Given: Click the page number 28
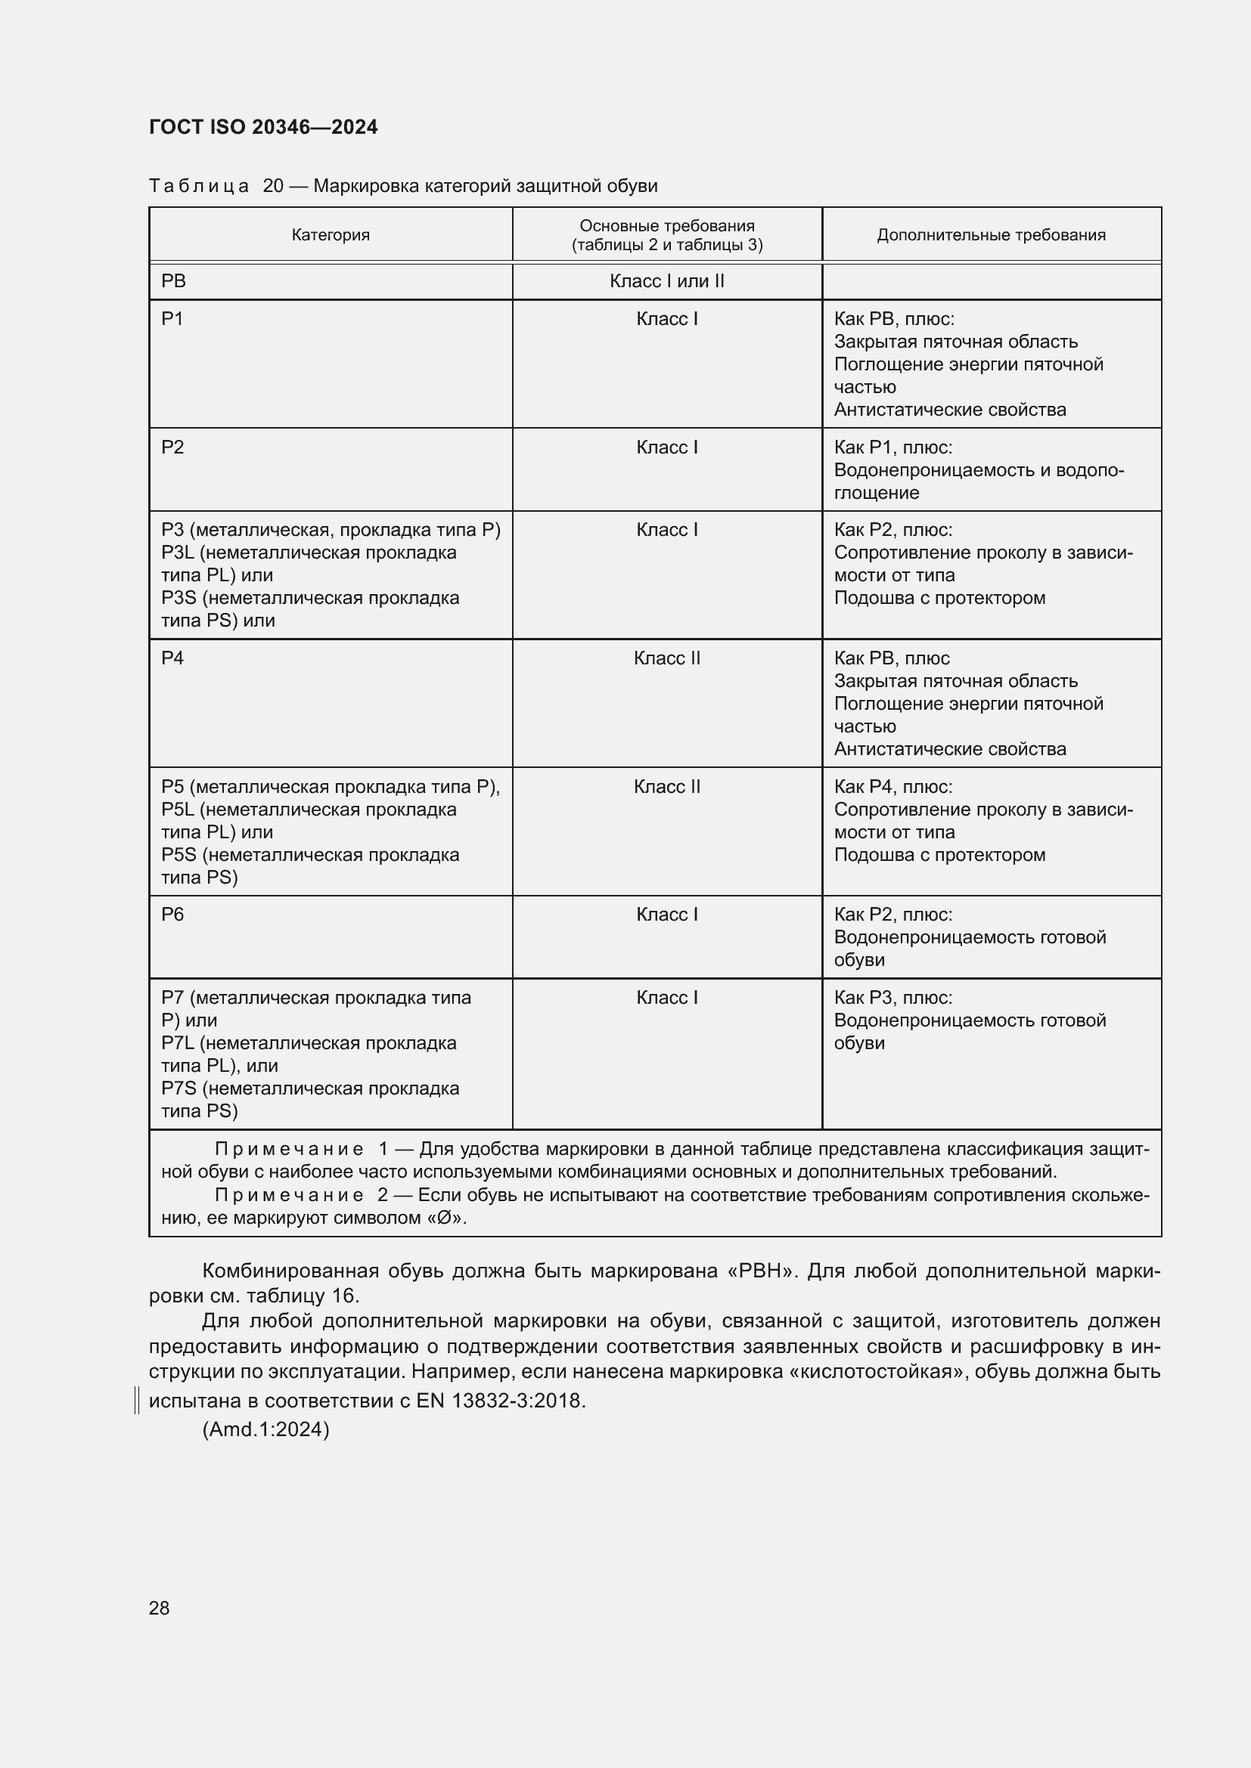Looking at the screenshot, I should (159, 1608).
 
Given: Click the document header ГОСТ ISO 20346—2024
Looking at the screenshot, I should (262, 127).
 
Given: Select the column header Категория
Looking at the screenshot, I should (331, 235).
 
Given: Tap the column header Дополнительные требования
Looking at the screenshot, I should (991, 235).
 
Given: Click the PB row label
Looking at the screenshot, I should (173, 281).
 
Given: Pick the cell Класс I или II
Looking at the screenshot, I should (666, 281).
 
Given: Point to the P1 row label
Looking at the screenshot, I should (172, 319).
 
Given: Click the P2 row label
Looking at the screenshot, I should (172, 447).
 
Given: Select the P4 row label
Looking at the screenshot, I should (172, 658).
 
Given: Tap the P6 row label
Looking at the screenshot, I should (172, 915).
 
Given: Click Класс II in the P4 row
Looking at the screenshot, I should (666, 658).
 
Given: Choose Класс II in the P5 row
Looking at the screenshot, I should (666, 787).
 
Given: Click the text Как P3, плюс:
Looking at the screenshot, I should (892, 998).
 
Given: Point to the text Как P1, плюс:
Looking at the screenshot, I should (892, 447).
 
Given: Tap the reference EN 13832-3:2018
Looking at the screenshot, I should (501, 1401).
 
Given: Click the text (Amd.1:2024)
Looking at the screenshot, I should (265, 1430).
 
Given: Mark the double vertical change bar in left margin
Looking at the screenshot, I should (137, 1401).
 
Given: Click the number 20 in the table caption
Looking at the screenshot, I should (273, 187).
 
